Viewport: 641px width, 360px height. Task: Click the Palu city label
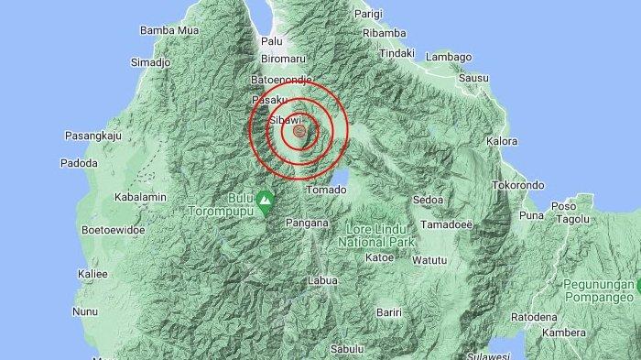271,41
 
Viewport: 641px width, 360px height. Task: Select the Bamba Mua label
168,30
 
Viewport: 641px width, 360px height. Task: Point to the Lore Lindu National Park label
377,235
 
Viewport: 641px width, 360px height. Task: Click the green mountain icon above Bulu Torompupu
266,197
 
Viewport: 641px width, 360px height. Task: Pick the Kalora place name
503,141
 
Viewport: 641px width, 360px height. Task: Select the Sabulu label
347,348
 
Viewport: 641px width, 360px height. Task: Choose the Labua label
323,280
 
